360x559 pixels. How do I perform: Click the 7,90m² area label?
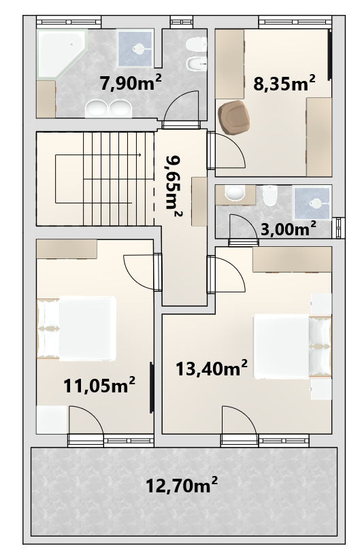pyautogui.click(x=131, y=83)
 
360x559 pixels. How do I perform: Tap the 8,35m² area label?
pyautogui.click(x=284, y=84)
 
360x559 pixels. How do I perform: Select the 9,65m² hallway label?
pyautogui.click(x=174, y=186)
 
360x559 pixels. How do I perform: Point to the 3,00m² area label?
pyautogui.click(x=289, y=228)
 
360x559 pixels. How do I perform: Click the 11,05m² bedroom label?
pyautogui.click(x=99, y=385)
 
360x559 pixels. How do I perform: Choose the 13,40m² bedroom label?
pyautogui.click(x=212, y=368)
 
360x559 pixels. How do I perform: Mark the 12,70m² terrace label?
pyautogui.click(x=182, y=485)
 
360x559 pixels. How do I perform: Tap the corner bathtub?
pyautogui.click(x=61, y=53)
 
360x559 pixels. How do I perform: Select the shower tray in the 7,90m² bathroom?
pyautogui.click(x=135, y=49)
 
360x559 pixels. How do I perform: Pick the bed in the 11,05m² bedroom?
pyautogui.click(x=76, y=328)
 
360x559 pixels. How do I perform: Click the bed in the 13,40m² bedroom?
pyautogui.click(x=292, y=346)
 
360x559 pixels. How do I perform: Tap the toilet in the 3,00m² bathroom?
pyautogui.click(x=270, y=195)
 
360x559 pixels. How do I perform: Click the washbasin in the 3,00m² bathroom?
pyautogui.click(x=235, y=193)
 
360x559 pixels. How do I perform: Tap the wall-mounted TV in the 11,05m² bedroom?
pyautogui.click(x=151, y=388)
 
